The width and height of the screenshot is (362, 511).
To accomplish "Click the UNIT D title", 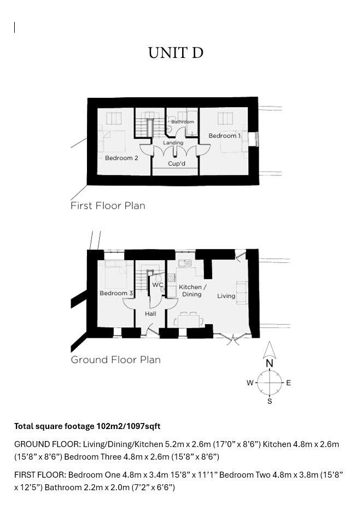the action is tap(176, 53).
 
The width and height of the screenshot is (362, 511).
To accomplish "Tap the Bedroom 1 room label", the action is tap(225, 136).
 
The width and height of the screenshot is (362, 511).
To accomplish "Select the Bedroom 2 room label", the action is tap(121, 158).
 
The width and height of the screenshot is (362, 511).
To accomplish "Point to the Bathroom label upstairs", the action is tap(183, 121).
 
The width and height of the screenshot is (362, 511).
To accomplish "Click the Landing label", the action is tap(173, 143).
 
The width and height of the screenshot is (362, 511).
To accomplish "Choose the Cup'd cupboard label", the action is tap(177, 163).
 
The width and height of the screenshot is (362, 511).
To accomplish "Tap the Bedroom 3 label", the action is tap(116, 293).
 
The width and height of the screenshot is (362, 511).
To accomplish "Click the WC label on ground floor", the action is tap(157, 285).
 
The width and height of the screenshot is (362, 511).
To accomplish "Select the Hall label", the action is tap(150, 314).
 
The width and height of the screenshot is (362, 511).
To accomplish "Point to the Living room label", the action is tap(226, 296).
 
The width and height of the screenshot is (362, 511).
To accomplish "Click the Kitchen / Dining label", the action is tap(192, 290).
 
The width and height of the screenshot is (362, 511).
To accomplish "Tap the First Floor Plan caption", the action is tap(108, 205).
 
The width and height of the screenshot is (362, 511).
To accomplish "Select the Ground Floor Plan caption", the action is tap(116, 360).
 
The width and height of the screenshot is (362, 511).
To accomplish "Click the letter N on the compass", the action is tap(270, 363).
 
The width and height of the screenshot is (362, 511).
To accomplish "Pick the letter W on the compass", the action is tap(250, 383).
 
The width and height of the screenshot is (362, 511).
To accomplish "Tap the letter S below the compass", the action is tap(270, 401).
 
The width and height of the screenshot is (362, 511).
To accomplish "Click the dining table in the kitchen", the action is tap(190, 320).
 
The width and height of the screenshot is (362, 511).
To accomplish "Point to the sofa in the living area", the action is tap(242, 293).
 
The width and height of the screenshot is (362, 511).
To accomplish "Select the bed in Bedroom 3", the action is tap(116, 275).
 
